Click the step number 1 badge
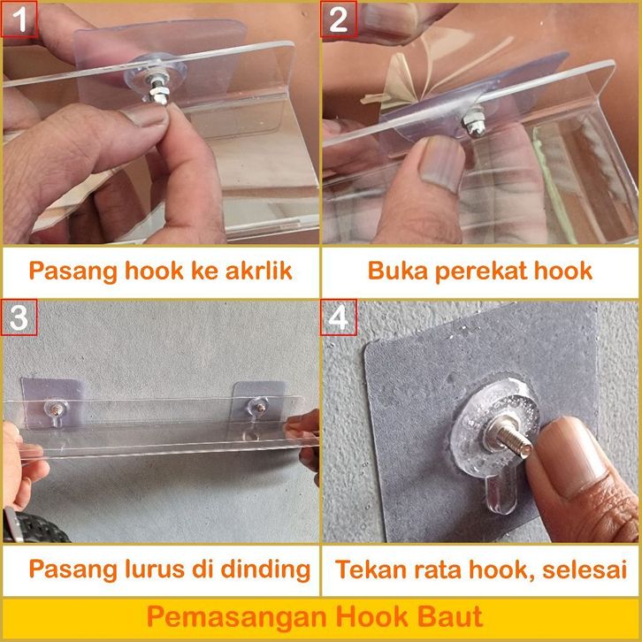point(19,19)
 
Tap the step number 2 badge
point(339,19)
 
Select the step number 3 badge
point(19,317)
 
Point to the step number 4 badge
point(339,317)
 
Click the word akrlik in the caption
point(259,271)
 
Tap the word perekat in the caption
point(477,271)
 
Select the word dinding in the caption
point(265,569)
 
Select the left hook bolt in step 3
point(55,408)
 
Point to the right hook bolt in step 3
point(259,407)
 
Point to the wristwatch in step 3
point(33,526)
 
